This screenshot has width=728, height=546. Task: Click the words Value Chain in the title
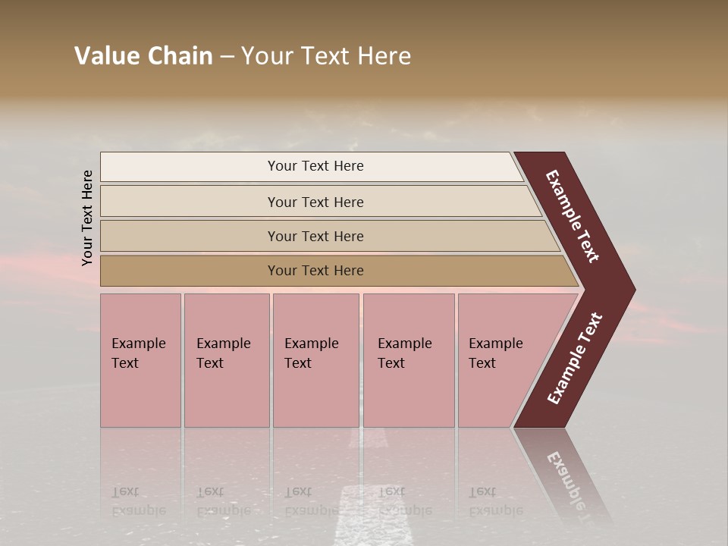tap(143, 56)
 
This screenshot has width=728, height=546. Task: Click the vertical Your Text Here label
tap(87, 218)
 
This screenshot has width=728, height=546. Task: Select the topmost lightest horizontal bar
tap(190, 167)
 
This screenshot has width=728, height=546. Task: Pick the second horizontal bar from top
tap(190, 202)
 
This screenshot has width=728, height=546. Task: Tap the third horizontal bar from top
tap(190, 236)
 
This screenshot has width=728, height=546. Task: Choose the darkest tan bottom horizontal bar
tap(190, 271)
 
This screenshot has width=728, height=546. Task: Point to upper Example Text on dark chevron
tap(573, 216)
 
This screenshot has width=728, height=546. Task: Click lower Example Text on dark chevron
tap(574, 359)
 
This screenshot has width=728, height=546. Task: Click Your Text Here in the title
tap(326, 56)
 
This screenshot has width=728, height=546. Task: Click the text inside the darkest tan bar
tap(315, 271)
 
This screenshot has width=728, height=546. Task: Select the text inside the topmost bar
tap(315, 166)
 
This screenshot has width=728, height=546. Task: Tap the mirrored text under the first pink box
tap(138, 501)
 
